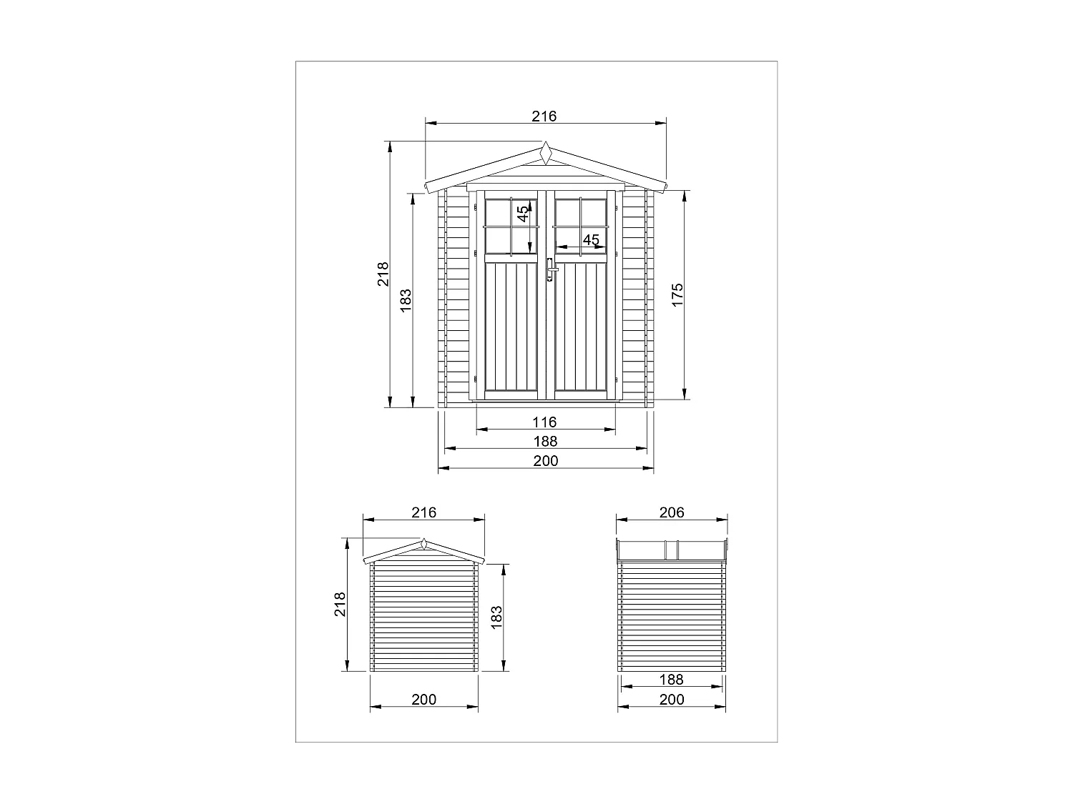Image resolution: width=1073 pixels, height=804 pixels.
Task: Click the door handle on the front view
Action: click(x=549, y=269)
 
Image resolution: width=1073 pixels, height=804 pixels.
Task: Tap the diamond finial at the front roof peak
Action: click(x=546, y=154)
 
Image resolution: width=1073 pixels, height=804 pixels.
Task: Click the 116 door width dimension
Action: click(x=545, y=422)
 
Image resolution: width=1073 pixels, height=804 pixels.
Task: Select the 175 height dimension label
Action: click(x=677, y=295)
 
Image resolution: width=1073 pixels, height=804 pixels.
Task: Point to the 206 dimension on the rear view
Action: click(x=672, y=512)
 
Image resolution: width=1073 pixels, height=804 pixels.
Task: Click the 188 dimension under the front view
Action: click(x=545, y=442)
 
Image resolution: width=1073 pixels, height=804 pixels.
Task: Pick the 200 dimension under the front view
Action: click(x=545, y=461)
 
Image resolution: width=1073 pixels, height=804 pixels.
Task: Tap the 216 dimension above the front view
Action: click(x=544, y=116)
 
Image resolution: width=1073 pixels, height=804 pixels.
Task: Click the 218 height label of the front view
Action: click(x=383, y=274)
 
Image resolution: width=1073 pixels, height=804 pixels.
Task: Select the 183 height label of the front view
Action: click(x=406, y=299)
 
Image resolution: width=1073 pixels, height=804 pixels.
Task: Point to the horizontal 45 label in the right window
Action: click(x=591, y=240)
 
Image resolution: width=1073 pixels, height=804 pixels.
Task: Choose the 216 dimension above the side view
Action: click(x=424, y=512)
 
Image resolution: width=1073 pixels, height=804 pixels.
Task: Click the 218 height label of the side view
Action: click(x=340, y=604)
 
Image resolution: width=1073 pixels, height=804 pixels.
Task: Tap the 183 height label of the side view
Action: click(x=497, y=617)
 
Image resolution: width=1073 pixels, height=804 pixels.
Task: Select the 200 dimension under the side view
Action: click(x=424, y=700)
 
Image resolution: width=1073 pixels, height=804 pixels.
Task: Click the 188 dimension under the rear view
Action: click(x=672, y=680)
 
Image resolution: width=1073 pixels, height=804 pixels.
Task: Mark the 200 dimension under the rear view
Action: click(x=672, y=700)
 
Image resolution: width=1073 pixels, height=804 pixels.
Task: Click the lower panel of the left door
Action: click(x=511, y=326)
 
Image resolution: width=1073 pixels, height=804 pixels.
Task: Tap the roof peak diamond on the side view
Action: click(x=424, y=544)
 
